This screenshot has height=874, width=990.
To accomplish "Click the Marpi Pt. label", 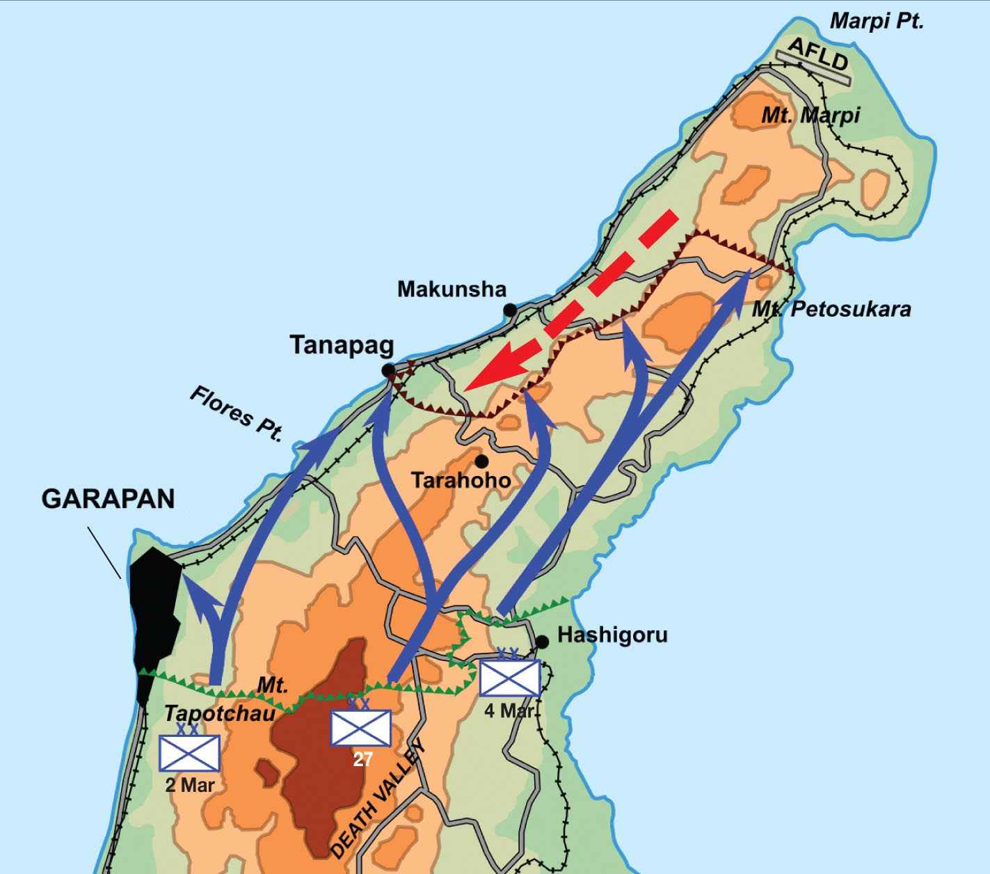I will pyautogui.click(x=877, y=21).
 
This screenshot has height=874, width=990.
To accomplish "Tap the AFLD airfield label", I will pyautogui.click(x=818, y=55).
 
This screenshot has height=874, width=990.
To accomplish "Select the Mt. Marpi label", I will pyautogui.click(x=811, y=115).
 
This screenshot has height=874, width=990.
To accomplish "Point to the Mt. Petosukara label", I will pyautogui.click(x=831, y=309).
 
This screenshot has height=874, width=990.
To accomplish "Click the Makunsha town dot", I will pyautogui.click(x=510, y=310).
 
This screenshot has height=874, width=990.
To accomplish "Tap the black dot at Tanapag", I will pyautogui.click(x=388, y=371).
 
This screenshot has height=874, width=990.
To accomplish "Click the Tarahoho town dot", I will pyautogui.click(x=481, y=461).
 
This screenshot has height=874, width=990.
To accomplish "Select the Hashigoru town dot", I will pyautogui.click(x=542, y=642).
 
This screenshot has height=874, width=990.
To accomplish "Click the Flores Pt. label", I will pyautogui.click(x=237, y=414).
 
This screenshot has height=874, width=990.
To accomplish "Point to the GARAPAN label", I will pyautogui.click(x=108, y=499).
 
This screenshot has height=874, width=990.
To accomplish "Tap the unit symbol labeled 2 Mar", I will pyautogui.click(x=189, y=752).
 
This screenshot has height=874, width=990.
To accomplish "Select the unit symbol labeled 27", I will pyautogui.click(x=360, y=727).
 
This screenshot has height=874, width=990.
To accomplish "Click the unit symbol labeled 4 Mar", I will pyautogui.click(x=510, y=677).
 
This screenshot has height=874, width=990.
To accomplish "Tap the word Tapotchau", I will pyautogui.click(x=219, y=713).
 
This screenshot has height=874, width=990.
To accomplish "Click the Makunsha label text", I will pyautogui.click(x=452, y=289).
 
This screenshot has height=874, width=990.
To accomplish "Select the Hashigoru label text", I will pyautogui.click(x=612, y=635).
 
